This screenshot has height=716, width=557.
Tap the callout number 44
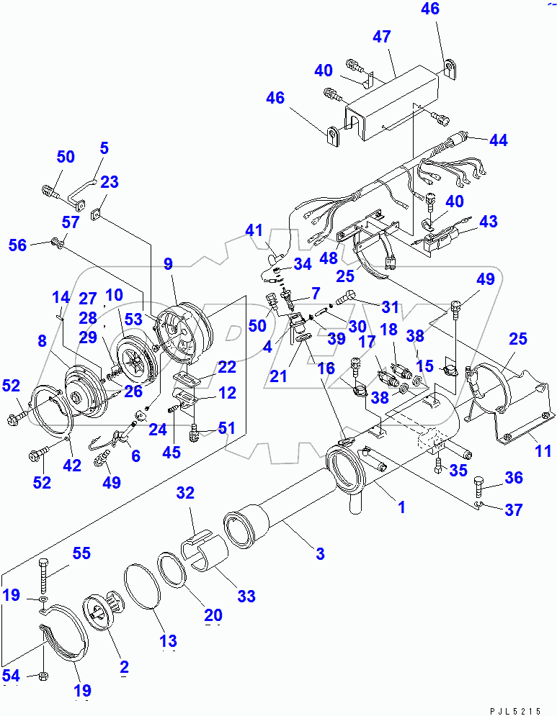point(497,140)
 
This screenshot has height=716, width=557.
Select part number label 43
point(488,222)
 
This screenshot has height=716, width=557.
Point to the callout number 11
point(543,451)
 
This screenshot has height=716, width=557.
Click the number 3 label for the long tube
point(319,553)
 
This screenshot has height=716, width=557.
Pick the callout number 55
point(81,553)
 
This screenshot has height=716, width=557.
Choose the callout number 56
point(17,245)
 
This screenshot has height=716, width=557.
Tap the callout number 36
point(514,478)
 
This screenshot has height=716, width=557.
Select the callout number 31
point(390,307)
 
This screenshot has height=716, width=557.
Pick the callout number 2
point(124,666)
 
